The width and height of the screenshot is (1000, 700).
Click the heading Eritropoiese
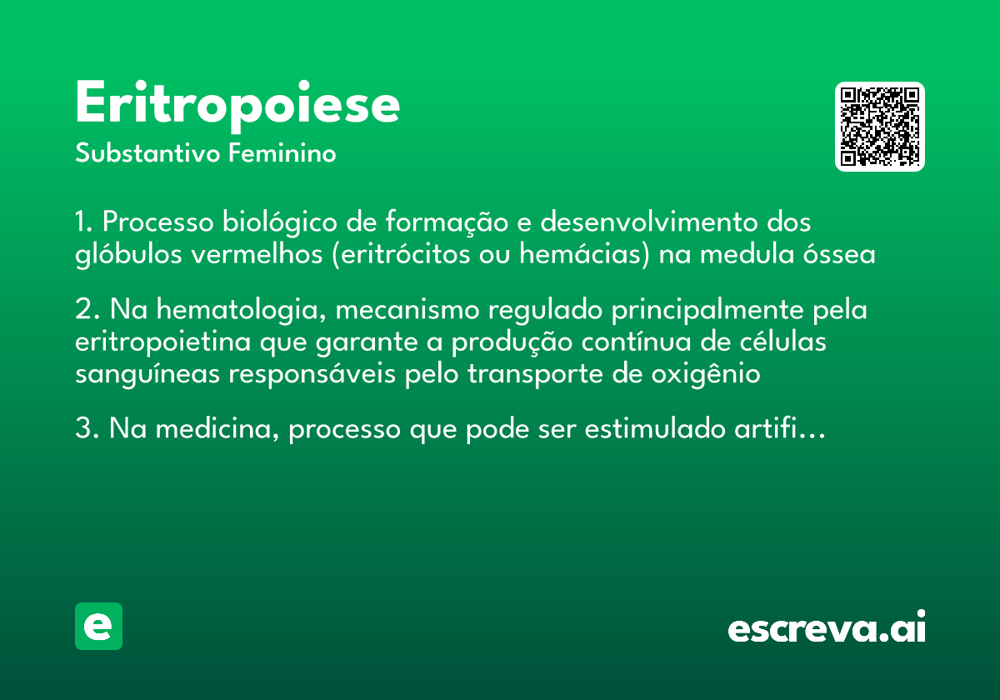pos(237,104)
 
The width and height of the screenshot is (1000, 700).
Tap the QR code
pos(880,127)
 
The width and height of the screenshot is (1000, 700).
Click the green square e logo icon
pos(98,626)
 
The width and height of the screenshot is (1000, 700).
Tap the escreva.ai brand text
pos(827,628)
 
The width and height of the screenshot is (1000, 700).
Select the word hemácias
pos(584,254)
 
